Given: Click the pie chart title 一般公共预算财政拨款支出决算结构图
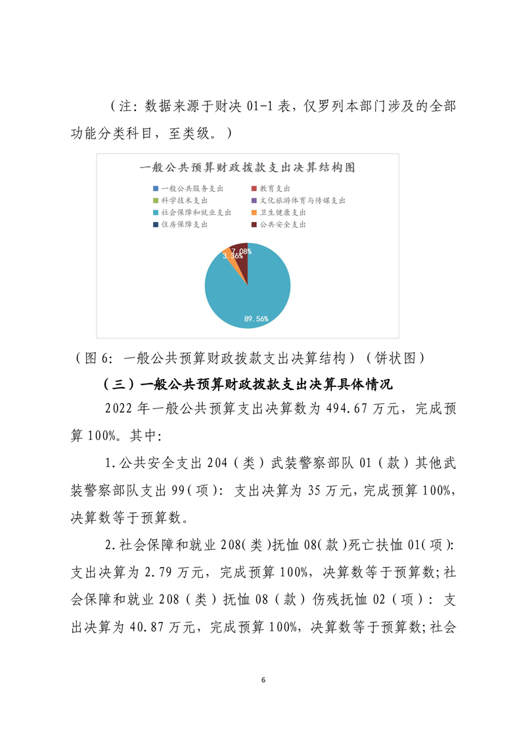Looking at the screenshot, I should coord(248,167).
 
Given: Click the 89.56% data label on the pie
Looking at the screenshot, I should coord(256,319).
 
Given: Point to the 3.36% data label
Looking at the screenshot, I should coord(231,257).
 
